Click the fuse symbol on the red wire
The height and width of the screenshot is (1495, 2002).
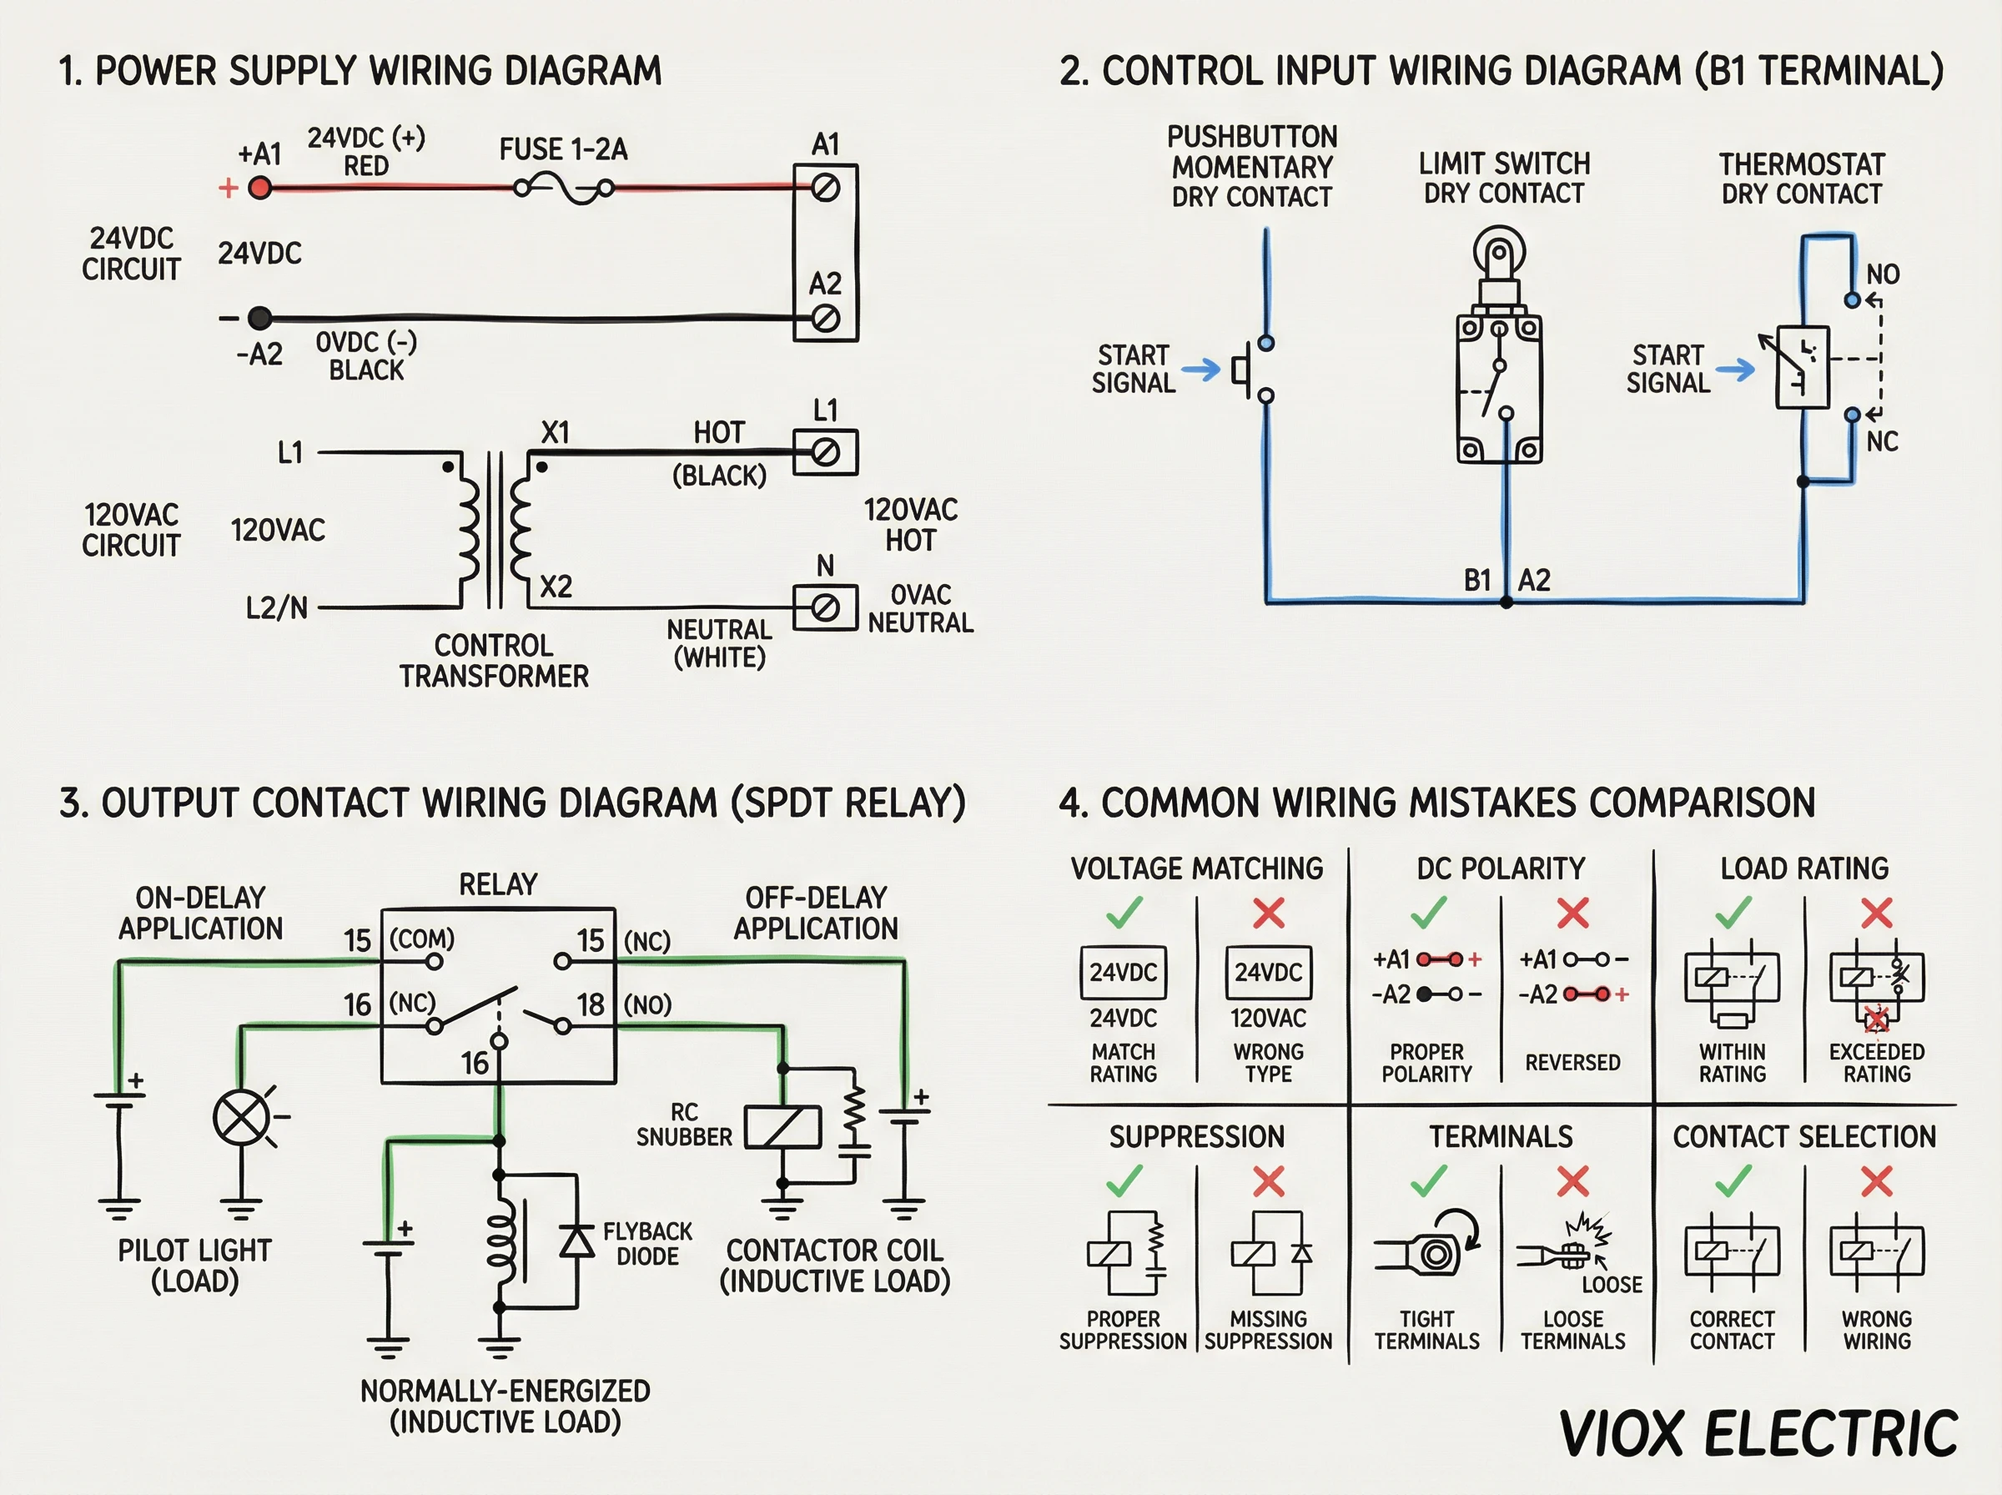[564, 189]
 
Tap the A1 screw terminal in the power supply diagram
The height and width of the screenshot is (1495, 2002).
[825, 189]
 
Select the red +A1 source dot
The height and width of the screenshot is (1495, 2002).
[259, 189]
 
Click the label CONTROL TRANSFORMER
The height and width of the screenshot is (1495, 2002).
[494, 661]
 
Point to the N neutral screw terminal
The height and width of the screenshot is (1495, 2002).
[825, 608]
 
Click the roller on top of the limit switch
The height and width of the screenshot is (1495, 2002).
[1499, 249]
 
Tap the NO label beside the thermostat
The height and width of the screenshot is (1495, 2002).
[1883, 274]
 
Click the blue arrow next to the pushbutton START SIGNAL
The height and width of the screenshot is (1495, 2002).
[1200, 370]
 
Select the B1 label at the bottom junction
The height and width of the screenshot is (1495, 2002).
[1476, 580]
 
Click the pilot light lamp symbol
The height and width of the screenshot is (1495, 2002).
[240, 1118]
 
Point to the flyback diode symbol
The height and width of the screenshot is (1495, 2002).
[577, 1241]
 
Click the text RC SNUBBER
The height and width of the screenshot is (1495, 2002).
[684, 1125]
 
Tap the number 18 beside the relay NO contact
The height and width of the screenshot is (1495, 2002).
[591, 1004]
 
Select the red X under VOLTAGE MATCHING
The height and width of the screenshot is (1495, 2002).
[1268, 914]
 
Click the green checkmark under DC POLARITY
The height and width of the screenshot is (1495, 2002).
[1428, 914]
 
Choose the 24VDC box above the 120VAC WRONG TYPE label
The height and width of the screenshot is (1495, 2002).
[1268, 973]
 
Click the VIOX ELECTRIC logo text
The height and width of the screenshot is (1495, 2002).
[1758, 1434]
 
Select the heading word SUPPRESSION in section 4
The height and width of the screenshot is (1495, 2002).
[1197, 1136]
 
